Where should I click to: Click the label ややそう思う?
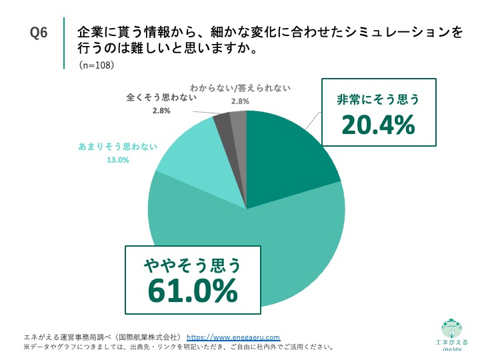[x=193, y=265]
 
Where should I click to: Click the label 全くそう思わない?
[x=161, y=97]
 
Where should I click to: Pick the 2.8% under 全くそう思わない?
[x=161, y=111]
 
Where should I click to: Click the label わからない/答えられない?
[x=240, y=88]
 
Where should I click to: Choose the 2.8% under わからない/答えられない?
[x=240, y=101]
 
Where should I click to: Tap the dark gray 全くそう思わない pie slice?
[x=223, y=122]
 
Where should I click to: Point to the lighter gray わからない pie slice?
[x=239, y=120]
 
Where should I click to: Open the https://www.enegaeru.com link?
[x=233, y=337]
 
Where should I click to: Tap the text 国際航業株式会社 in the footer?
[x=146, y=337]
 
